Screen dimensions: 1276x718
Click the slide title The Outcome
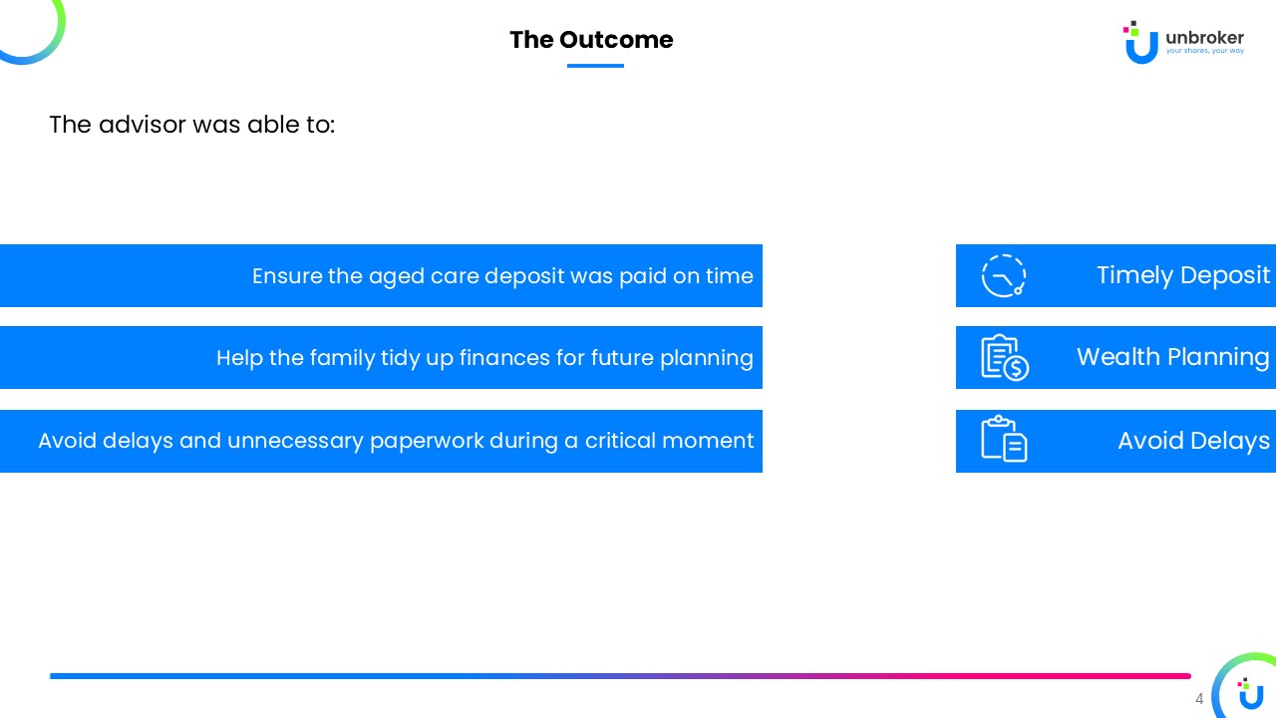tap(591, 40)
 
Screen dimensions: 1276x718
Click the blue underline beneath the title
tap(595, 66)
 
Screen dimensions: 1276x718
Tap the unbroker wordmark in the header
tap(1204, 38)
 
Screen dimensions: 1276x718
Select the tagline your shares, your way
tap(1205, 51)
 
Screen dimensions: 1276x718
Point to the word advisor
tap(143, 125)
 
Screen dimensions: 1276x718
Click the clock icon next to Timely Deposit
tap(1003, 276)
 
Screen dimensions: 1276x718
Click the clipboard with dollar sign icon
tap(1005, 357)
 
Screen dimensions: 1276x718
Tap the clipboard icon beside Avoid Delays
tap(1004, 439)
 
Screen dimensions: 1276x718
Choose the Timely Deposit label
tap(1183, 276)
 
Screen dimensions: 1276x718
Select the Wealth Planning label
tap(1173, 357)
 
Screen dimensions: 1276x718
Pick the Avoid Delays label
tap(1193, 441)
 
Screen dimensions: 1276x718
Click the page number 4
tap(1199, 699)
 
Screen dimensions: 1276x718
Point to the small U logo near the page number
tap(1250, 693)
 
